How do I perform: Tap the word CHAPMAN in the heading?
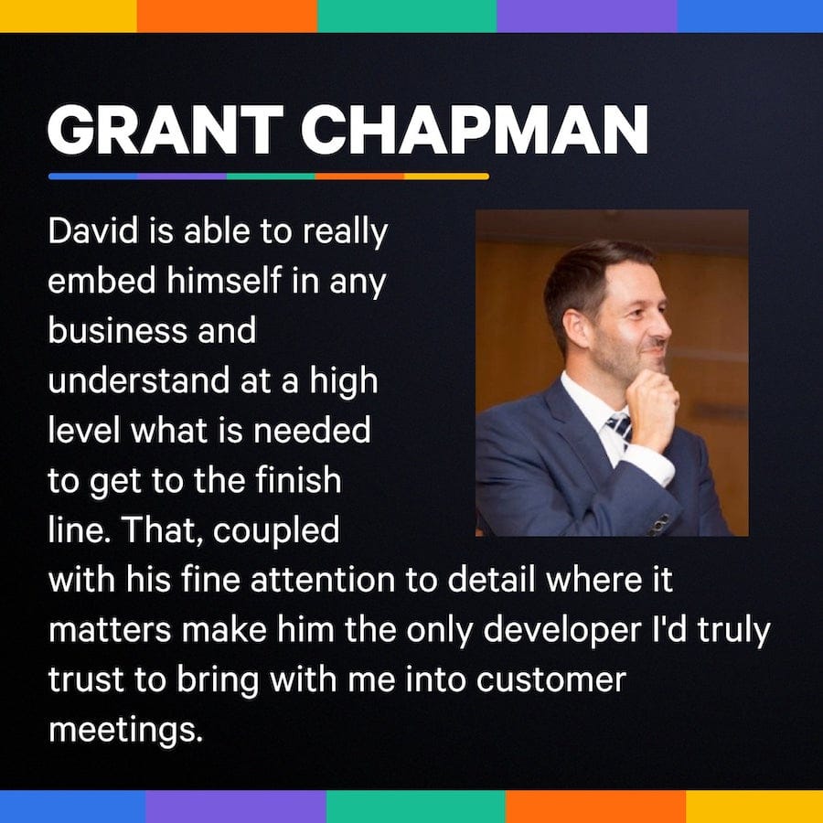click(475, 129)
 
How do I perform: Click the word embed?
click(102, 281)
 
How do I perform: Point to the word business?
click(118, 330)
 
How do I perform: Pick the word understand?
click(139, 380)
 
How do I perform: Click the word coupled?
click(276, 531)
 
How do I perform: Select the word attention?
click(322, 580)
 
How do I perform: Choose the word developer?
click(562, 631)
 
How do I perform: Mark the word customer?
click(551, 679)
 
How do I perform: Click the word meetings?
click(125, 731)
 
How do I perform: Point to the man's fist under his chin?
click(652, 407)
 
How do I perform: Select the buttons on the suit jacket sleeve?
click(658, 526)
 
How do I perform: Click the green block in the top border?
click(407, 16)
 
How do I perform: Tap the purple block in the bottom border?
click(236, 807)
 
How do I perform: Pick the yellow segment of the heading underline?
click(446, 176)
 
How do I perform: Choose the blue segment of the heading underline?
click(93, 176)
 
